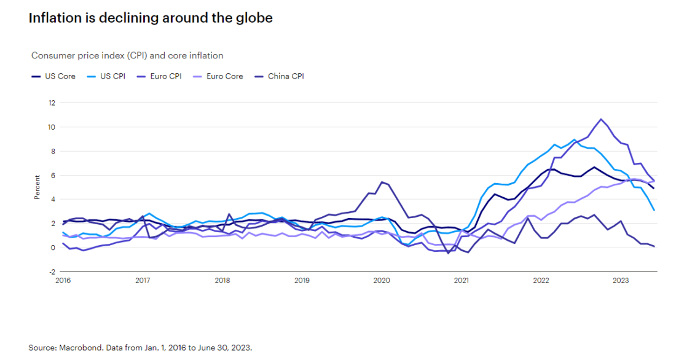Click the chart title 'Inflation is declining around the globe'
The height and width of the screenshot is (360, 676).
(x=151, y=18)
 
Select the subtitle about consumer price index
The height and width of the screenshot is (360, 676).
(x=127, y=55)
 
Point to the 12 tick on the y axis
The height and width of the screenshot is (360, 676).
(x=52, y=103)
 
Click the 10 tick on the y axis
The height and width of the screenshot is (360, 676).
(x=52, y=127)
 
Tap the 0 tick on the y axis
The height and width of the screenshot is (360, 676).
(x=53, y=248)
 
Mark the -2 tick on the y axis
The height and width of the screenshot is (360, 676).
(x=52, y=272)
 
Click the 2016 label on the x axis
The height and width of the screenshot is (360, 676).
(x=63, y=281)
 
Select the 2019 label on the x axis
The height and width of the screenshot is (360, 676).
(x=302, y=281)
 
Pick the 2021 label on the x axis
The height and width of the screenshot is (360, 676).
(x=461, y=281)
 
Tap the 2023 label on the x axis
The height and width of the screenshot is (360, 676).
(x=621, y=281)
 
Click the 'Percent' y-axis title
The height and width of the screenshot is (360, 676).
(x=36, y=187)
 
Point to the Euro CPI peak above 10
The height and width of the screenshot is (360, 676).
(x=600, y=119)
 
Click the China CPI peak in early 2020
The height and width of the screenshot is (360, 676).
(x=382, y=182)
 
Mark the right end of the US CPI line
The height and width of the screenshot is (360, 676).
(x=654, y=210)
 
